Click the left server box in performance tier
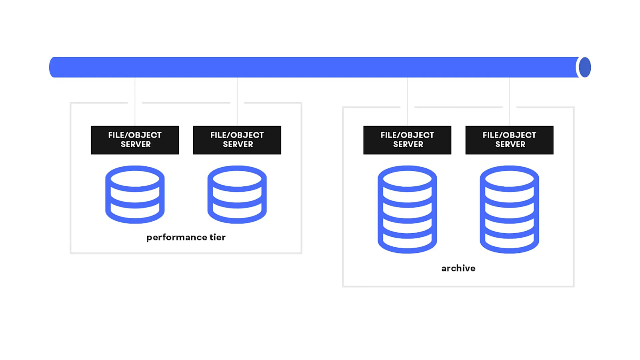click(135, 140)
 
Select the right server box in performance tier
click(237, 140)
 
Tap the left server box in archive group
click(407, 140)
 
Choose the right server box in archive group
click(510, 140)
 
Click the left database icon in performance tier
click(135, 194)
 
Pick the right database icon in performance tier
click(237, 194)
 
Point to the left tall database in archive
click(407, 210)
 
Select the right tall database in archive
click(510, 210)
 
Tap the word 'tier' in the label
click(218, 237)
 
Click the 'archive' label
click(458, 268)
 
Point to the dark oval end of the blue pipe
click(585, 67)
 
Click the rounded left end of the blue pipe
click(52, 67)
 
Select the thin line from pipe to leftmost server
click(135, 102)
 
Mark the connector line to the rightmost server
click(510, 102)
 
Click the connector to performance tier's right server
click(237, 102)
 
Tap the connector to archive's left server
click(407, 102)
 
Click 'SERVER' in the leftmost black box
click(136, 144)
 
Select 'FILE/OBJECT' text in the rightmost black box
click(510, 135)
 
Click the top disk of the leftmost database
click(135, 179)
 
